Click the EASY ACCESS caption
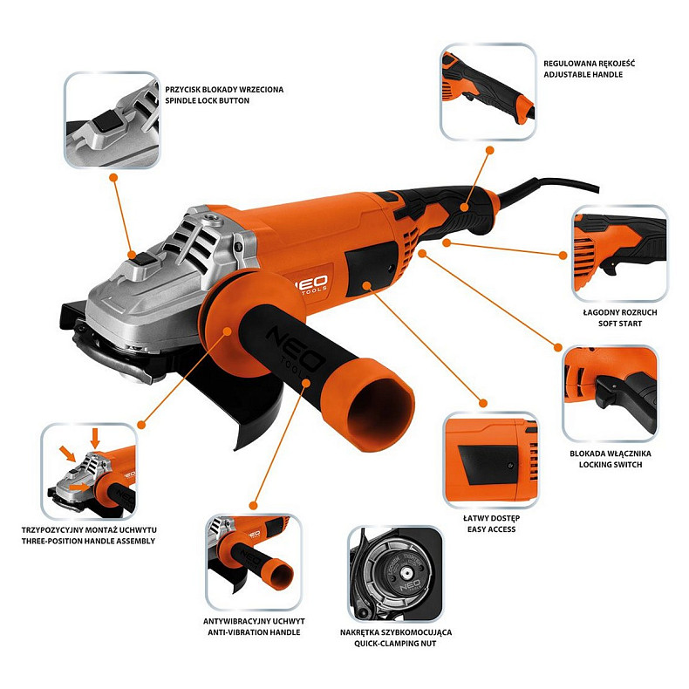coord(489,529)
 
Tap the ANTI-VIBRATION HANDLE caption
coord(250,631)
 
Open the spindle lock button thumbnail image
coord(111,120)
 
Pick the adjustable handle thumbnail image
coord(488,91)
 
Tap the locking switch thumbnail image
coord(609,393)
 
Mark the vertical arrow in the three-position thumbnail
coord(95,438)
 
